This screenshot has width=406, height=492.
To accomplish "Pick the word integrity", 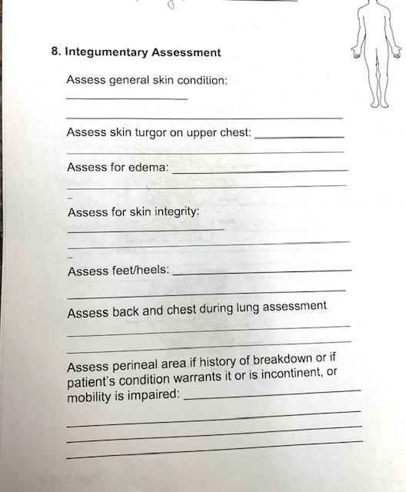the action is [x=178, y=211].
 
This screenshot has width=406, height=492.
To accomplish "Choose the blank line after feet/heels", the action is [x=264, y=271].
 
